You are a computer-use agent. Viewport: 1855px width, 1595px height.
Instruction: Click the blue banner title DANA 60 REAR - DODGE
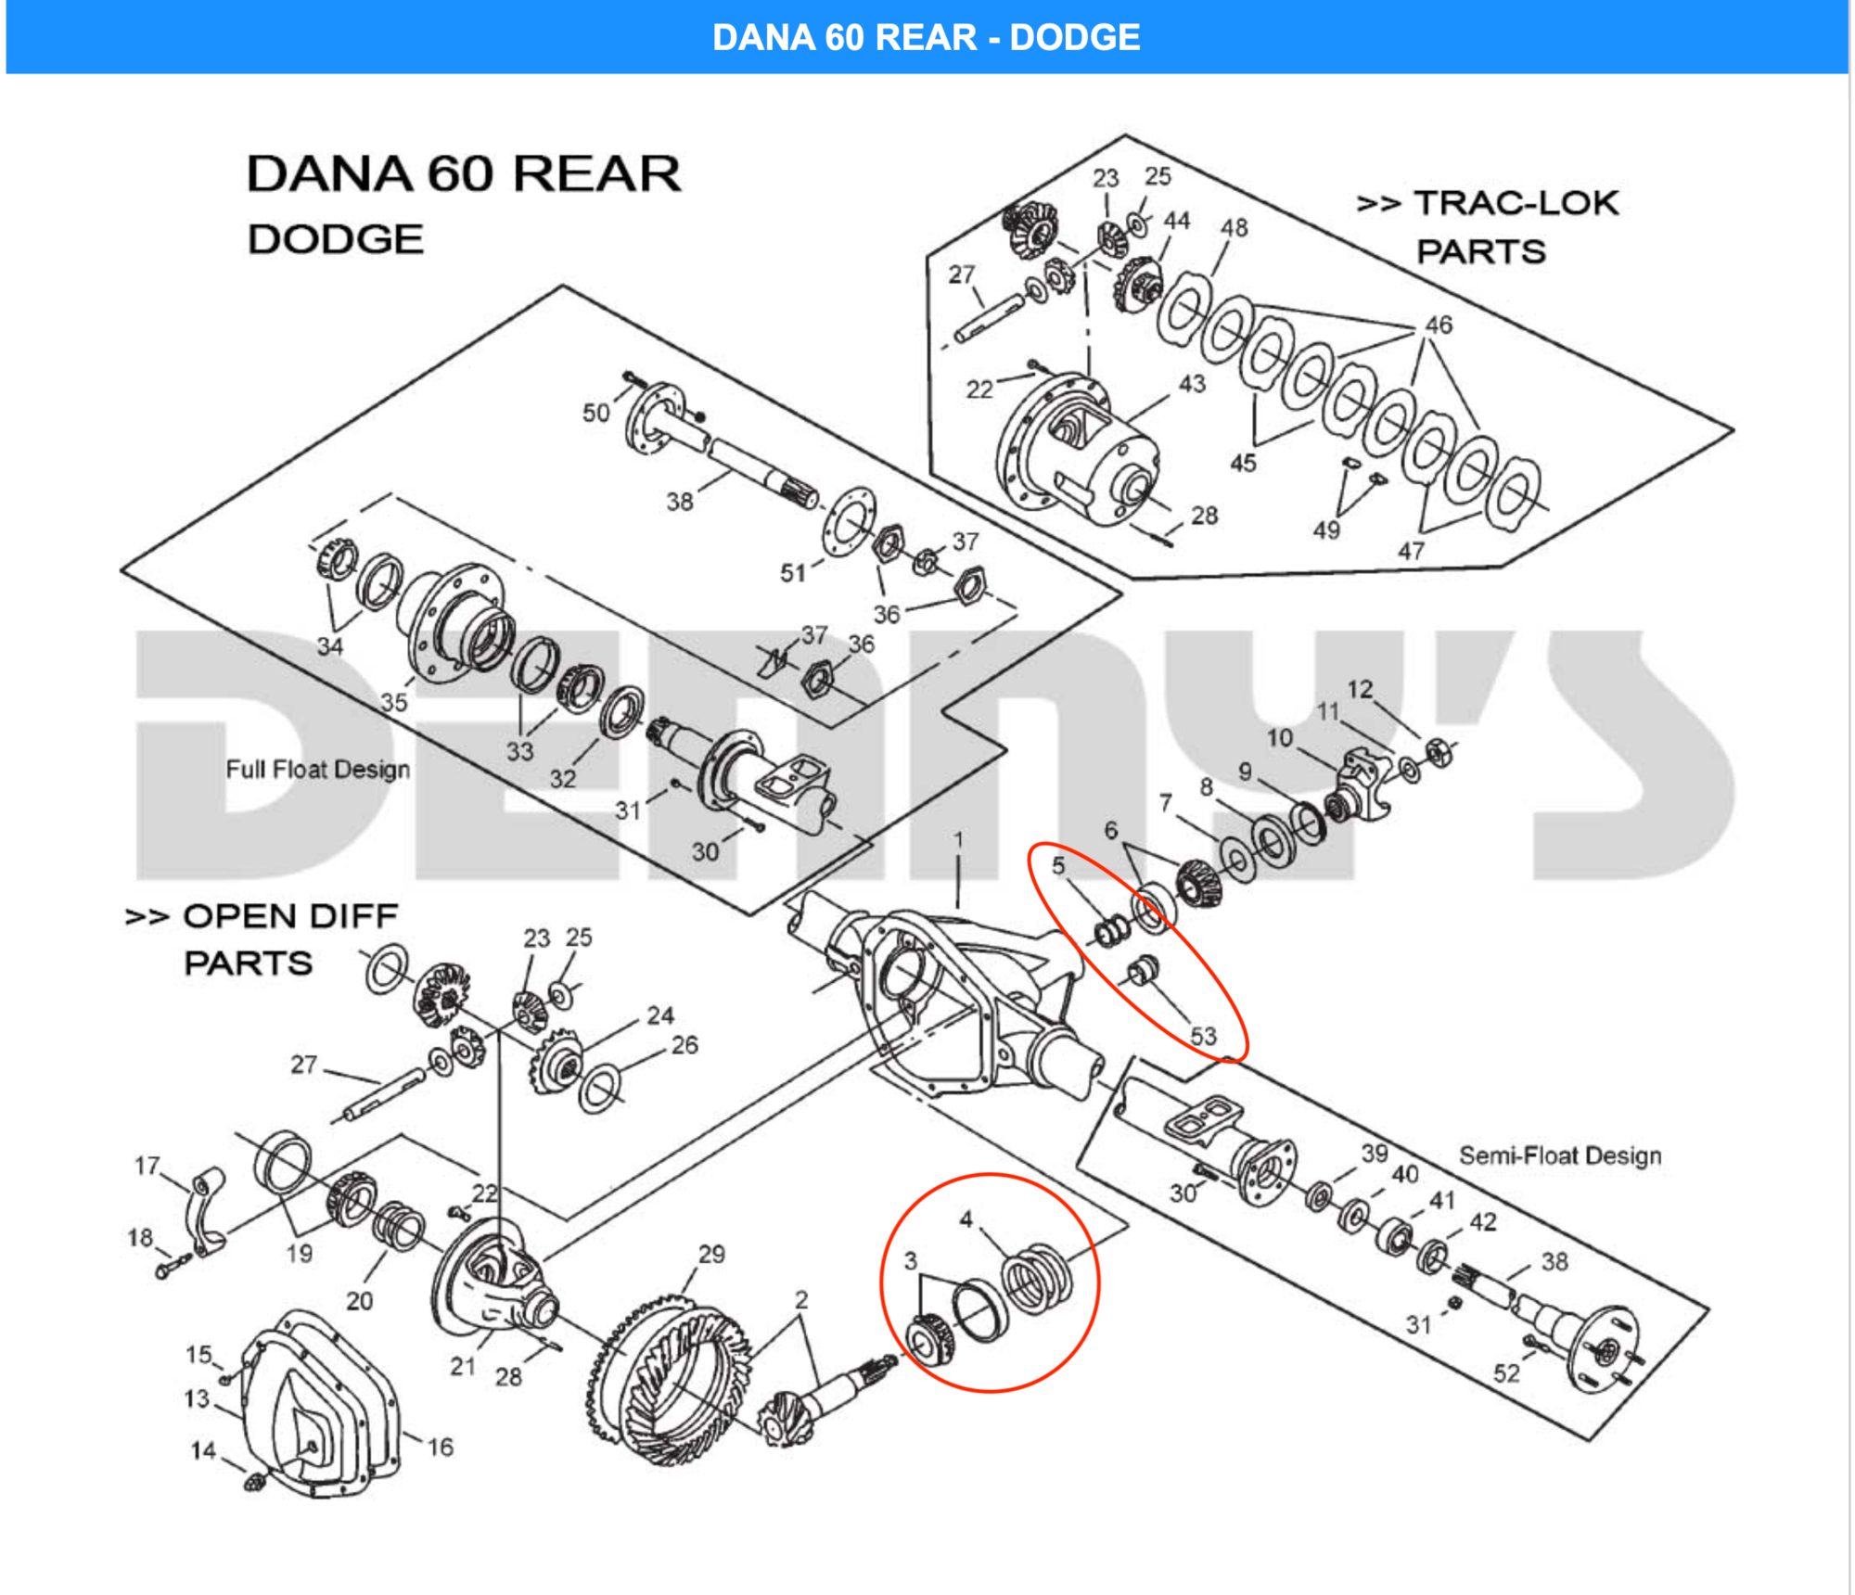tap(926, 37)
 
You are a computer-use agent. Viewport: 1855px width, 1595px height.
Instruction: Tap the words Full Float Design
tap(318, 769)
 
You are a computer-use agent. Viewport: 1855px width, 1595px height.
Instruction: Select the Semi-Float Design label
tap(1560, 1155)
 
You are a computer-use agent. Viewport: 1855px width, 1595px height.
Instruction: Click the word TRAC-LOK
tap(1516, 203)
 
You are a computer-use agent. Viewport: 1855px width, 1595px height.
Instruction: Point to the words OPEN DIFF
tap(291, 916)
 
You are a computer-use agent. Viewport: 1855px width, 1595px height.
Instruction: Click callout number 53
tap(1203, 1035)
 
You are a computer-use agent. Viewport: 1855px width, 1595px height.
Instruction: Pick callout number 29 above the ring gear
tap(711, 1254)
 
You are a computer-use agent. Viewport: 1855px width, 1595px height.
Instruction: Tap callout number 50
tap(595, 413)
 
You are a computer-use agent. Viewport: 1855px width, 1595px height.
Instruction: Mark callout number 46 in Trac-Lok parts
tap(1439, 325)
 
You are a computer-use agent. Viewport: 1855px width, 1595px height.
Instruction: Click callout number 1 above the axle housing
tap(959, 839)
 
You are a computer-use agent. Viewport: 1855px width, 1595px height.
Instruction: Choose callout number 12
tap(1360, 689)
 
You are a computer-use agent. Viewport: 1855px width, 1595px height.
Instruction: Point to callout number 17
tap(147, 1165)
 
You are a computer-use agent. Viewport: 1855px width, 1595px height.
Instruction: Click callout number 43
tap(1192, 383)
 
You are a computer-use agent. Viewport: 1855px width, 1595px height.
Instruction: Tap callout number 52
tap(1506, 1373)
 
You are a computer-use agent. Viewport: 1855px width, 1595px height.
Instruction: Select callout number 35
tap(394, 702)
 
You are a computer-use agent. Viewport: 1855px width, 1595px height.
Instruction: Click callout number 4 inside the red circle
tap(966, 1219)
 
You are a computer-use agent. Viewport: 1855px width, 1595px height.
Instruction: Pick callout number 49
tap(1326, 530)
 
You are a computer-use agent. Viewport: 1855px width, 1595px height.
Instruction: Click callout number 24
tap(660, 1015)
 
